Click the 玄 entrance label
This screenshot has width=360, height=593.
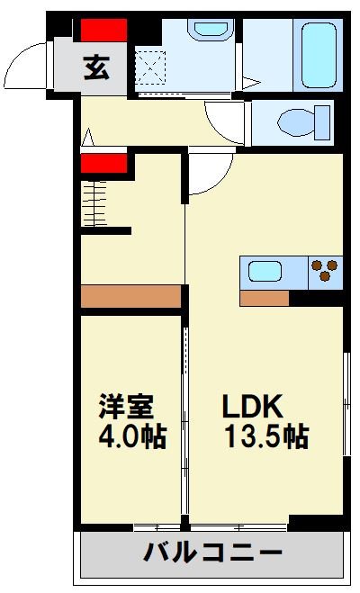[98, 67]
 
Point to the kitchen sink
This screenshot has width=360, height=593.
[265, 271]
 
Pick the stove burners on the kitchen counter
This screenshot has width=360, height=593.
[325, 271]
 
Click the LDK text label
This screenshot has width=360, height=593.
[254, 406]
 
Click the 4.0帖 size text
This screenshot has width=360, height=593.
[132, 437]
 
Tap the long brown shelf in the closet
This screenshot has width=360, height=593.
[131, 297]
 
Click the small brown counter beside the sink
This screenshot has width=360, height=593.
[264, 298]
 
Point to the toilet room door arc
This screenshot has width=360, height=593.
[225, 121]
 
